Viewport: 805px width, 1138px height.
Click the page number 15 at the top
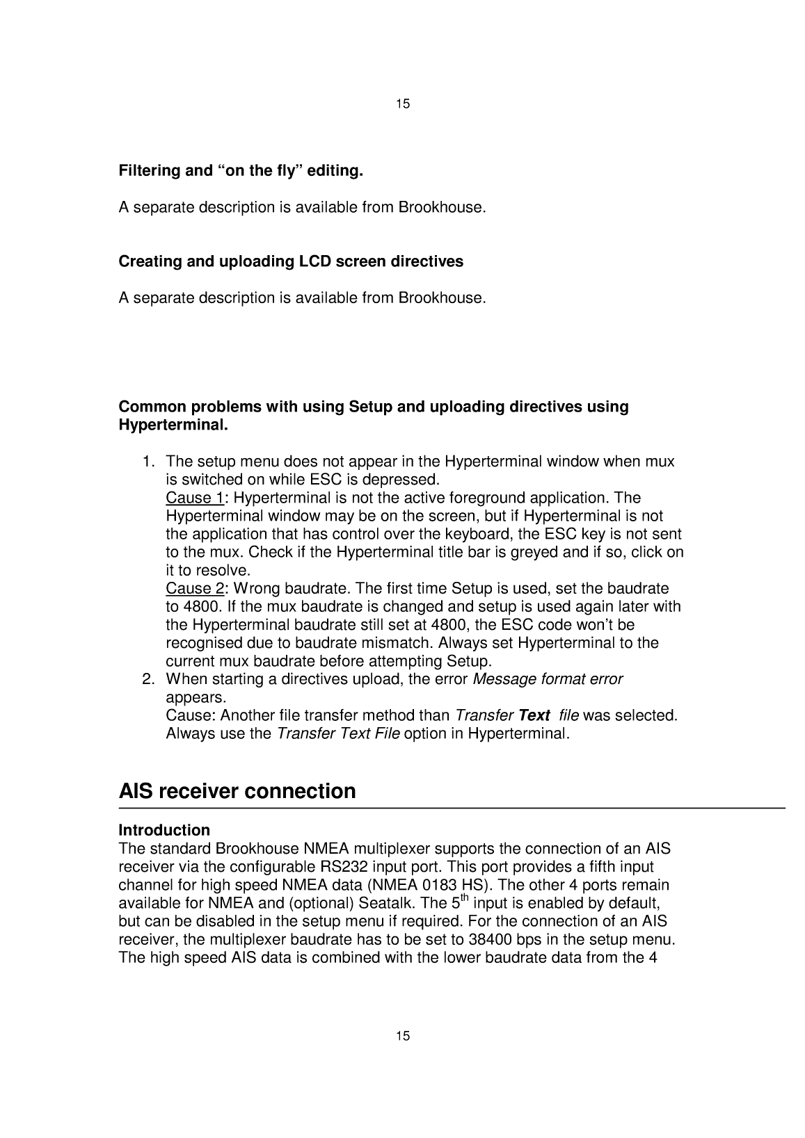tap(403, 104)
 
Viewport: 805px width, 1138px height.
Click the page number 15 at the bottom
tap(403, 1037)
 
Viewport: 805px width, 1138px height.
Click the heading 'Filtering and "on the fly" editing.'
tap(241, 170)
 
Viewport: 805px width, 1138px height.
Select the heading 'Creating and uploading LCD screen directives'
tap(291, 261)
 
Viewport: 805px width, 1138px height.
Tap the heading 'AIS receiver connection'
tap(237, 791)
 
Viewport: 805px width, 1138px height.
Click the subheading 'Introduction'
tap(164, 830)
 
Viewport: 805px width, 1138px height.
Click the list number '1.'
tap(148, 462)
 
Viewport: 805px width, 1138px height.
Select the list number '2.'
tap(148, 678)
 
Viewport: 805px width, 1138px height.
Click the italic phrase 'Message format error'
tap(548, 678)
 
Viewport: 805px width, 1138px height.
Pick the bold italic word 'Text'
tap(534, 715)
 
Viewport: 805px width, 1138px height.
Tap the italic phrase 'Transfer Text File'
tap(338, 733)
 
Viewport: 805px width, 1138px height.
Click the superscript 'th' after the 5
tap(466, 899)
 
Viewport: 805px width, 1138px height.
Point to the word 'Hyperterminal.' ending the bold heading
tap(173, 424)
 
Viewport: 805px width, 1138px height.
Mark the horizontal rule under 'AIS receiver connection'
tap(452, 808)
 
